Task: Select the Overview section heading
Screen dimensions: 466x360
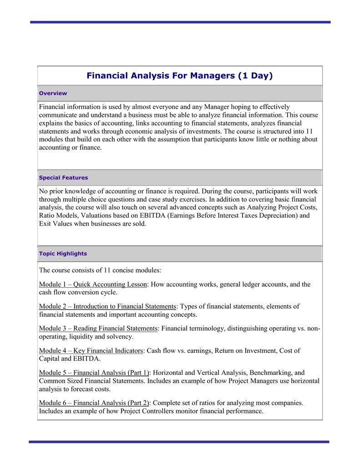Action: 53,93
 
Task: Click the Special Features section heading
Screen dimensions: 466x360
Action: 63,178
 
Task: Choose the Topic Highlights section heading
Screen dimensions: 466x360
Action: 63,254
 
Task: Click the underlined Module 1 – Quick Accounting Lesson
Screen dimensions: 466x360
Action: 93,284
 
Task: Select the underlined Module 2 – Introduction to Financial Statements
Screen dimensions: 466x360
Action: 107,307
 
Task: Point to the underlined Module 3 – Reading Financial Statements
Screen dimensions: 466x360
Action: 98,329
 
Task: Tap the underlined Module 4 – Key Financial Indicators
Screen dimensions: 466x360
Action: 91,351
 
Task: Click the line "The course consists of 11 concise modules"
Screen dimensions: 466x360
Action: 100,270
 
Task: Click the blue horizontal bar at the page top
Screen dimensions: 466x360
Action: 180,22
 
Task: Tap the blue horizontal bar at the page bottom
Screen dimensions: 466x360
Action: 179,441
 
